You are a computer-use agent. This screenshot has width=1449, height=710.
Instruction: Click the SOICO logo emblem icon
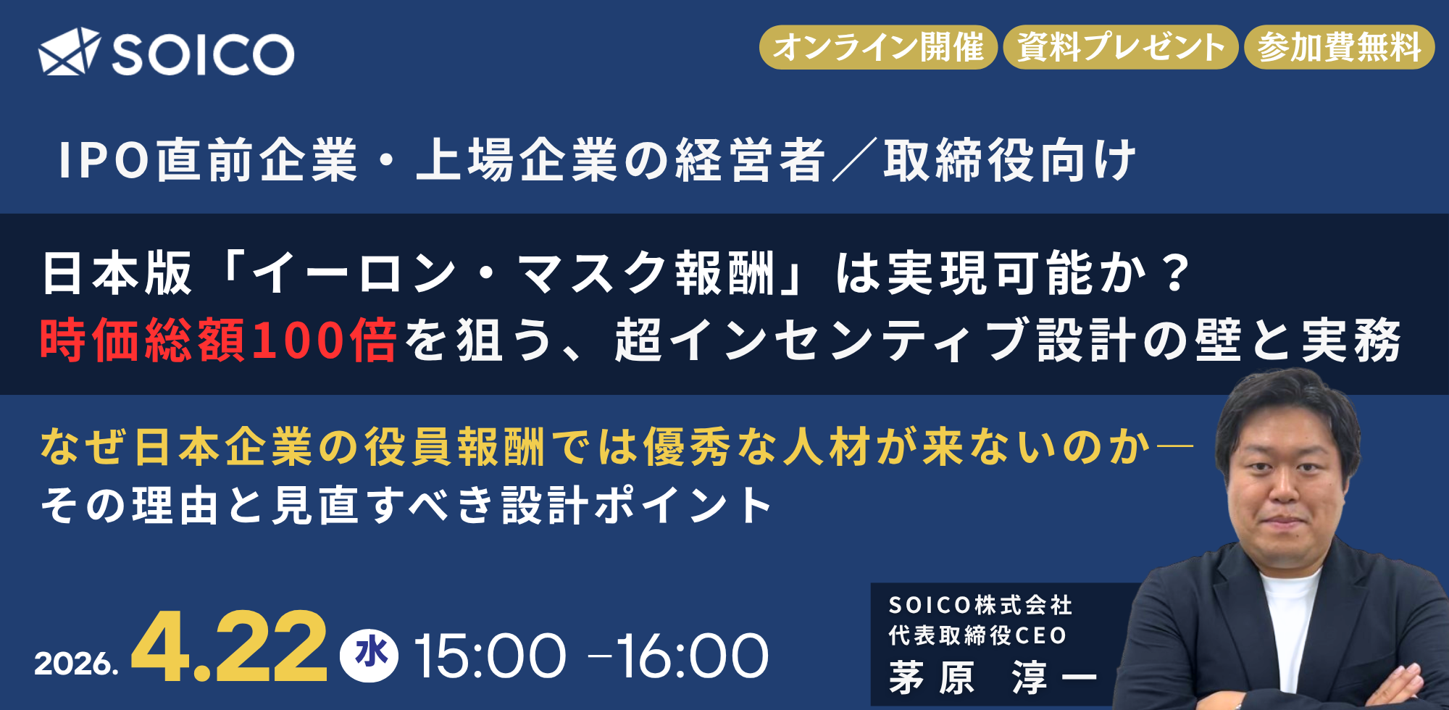tap(69, 51)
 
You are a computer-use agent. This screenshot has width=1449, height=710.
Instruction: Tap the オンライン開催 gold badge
tap(878, 48)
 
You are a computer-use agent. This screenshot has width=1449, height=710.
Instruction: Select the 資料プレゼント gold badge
tap(1120, 48)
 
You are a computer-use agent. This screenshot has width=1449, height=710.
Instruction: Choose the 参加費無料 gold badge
tap(1339, 48)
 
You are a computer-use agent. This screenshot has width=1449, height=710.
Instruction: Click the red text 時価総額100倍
tap(218, 340)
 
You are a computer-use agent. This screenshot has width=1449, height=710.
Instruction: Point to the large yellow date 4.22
tap(229, 647)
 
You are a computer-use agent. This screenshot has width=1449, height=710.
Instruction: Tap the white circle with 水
tap(369, 655)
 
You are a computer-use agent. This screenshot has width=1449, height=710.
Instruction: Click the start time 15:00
tap(490, 656)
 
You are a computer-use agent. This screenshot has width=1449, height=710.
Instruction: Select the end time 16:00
tap(692, 656)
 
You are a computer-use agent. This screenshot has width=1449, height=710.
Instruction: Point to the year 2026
tap(76, 664)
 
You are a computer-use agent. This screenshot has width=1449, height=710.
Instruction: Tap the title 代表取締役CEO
tap(977, 635)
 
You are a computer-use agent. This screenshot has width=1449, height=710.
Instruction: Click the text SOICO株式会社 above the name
tap(980, 605)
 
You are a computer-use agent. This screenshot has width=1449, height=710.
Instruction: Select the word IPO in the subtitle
tap(104, 160)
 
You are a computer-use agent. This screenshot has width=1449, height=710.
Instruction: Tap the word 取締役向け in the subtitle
tap(1009, 160)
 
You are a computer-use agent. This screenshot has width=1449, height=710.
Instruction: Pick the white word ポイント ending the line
tap(683, 505)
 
